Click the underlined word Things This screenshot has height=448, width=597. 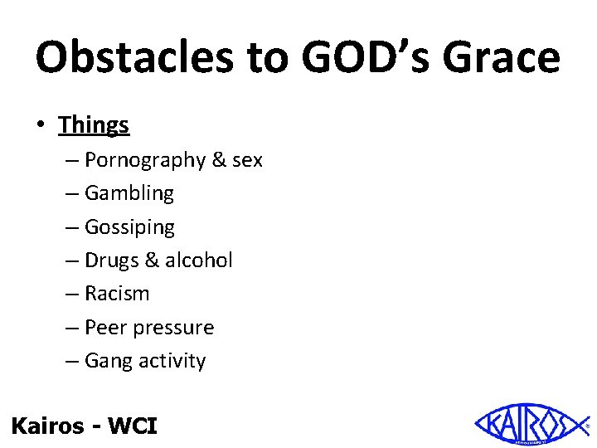click(94, 125)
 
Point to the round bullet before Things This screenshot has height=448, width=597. click(41, 126)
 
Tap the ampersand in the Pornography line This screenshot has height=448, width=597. click(219, 160)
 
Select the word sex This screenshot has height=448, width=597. click(247, 160)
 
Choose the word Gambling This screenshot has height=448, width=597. click(129, 193)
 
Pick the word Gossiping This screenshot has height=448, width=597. click(130, 227)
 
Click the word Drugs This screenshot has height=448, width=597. click(112, 261)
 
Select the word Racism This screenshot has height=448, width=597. click(117, 294)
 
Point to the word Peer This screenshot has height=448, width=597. click(105, 328)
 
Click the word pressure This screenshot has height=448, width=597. click(172, 329)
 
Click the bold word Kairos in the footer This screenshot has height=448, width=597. click(47, 426)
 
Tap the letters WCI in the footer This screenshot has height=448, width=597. click(133, 426)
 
